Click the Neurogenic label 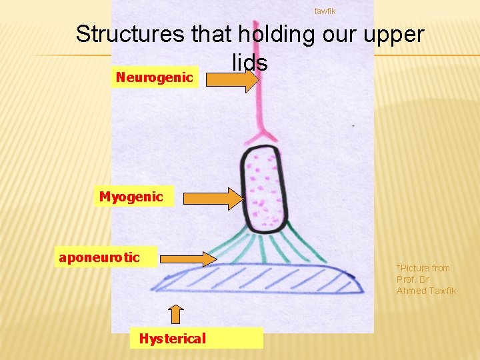point(154,78)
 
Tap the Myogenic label point(131,197)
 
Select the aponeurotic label point(99,257)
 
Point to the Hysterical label point(173,339)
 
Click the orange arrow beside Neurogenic point(232,81)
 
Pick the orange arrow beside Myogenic point(214,199)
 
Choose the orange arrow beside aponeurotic point(189,258)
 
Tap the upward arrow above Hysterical point(175,314)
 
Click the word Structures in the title point(129,33)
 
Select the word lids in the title point(250,63)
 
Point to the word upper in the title point(394,33)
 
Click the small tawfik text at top point(325,11)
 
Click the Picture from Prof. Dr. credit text point(423,273)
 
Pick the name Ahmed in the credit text point(411,291)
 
